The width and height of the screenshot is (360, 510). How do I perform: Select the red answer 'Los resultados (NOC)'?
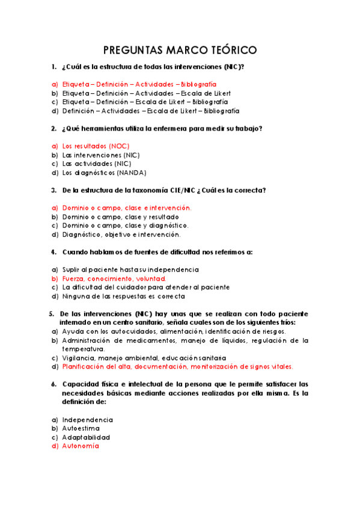point(96,146)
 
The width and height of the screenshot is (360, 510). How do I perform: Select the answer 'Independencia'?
point(88,420)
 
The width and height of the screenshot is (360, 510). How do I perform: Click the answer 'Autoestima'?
point(81,429)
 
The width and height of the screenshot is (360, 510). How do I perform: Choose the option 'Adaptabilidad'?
point(87,437)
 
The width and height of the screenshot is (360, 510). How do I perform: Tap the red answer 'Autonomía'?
point(81,446)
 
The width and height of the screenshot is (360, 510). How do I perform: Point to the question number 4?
point(53,252)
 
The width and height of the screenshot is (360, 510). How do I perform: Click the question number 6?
point(53,384)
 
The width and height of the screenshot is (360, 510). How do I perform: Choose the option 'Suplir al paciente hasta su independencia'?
point(130,270)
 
